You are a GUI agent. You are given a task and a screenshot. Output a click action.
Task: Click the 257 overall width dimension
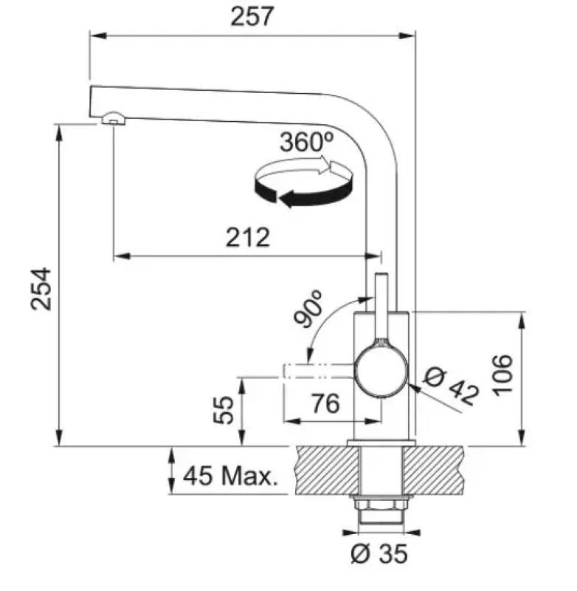[x=251, y=16]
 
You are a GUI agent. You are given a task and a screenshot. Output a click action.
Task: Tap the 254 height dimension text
[x=41, y=289]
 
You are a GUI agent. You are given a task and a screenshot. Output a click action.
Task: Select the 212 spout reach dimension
[x=248, y=237]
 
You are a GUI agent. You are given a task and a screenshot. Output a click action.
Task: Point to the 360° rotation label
[x=306, y=142]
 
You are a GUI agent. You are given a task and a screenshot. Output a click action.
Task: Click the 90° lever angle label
[x=308, y=309]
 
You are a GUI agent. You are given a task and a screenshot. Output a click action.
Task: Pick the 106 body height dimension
[x=502, y=375]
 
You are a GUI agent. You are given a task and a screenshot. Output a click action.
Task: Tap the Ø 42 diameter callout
[x=452, y=386]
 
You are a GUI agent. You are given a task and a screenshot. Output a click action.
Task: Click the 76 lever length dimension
[x=325, y=403]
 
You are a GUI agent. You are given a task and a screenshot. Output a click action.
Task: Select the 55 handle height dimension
[x=223, y=410]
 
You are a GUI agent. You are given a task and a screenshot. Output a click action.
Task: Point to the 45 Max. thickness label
[x=230, y=476]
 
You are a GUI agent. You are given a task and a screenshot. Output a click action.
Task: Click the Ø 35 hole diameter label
[x=379, y=553]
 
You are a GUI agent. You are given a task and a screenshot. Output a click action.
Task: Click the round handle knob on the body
[x=381, y=372]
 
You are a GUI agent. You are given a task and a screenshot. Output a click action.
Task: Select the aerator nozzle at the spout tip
[x=113, y=118]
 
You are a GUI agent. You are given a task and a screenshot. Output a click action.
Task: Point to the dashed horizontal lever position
[x=319, y=372]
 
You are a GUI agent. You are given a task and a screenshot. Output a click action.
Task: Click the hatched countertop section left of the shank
[x=327, y=470]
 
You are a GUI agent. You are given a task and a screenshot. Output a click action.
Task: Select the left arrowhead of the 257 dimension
[x=97, y=35]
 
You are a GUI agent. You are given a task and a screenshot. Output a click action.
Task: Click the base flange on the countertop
[x=381, y=443]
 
